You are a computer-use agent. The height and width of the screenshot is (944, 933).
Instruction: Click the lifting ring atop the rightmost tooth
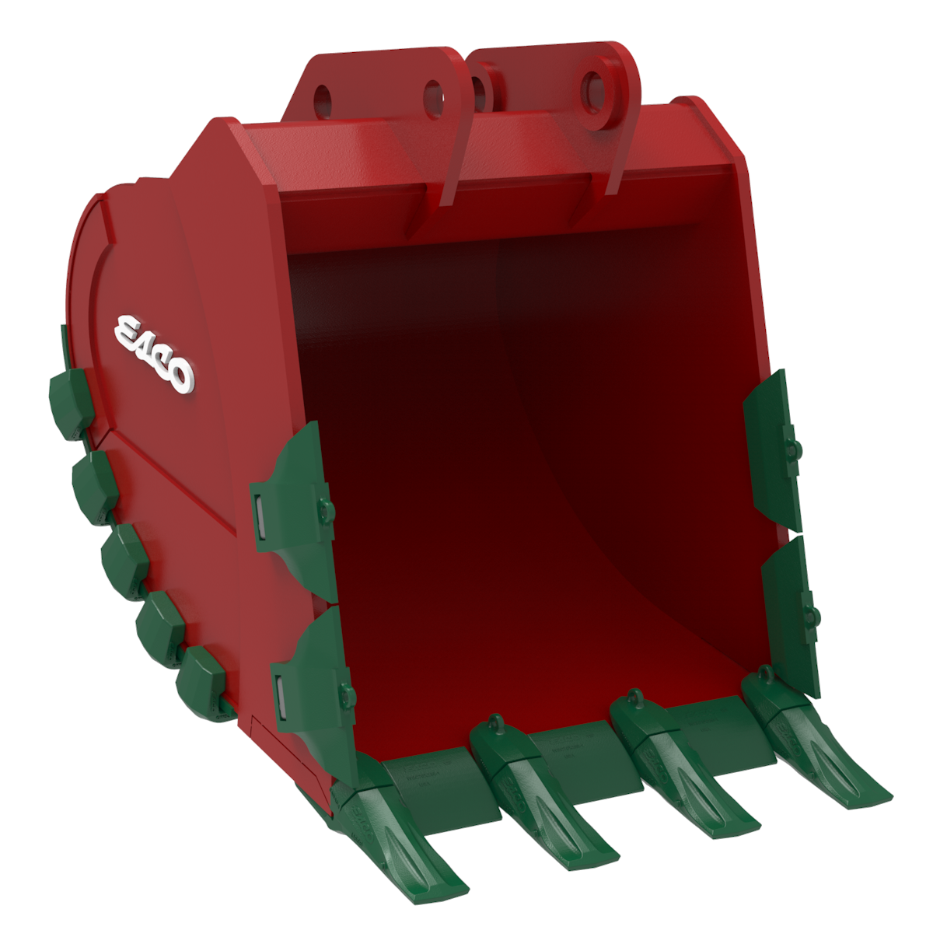(x=767, y=673)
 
